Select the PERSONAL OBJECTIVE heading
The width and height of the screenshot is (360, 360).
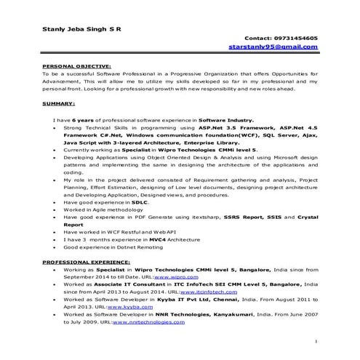(76, 66)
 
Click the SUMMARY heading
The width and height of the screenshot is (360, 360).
(59, 104)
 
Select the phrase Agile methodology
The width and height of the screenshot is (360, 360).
(107, 209)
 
